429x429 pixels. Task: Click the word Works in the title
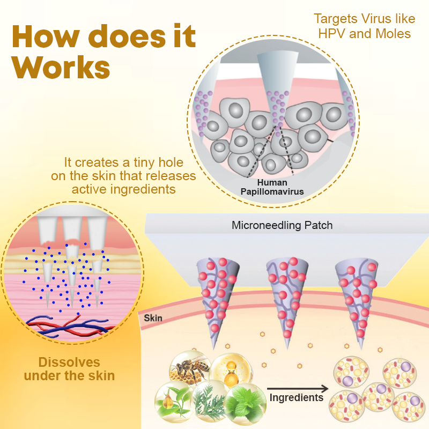tap(62, 69)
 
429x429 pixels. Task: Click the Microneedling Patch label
tap(282, 225)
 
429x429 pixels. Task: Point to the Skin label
tap(153, 318)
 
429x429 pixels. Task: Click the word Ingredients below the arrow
tap(297, 397)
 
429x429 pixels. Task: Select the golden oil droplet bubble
tap(231, 369)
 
